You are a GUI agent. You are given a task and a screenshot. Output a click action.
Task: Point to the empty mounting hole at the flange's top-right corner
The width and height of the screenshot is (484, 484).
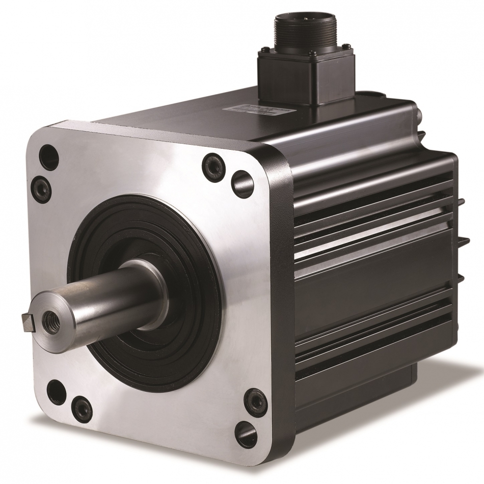pos(242,182)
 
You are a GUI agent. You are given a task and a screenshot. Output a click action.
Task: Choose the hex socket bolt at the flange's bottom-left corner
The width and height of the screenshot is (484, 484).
pos(82,408)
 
